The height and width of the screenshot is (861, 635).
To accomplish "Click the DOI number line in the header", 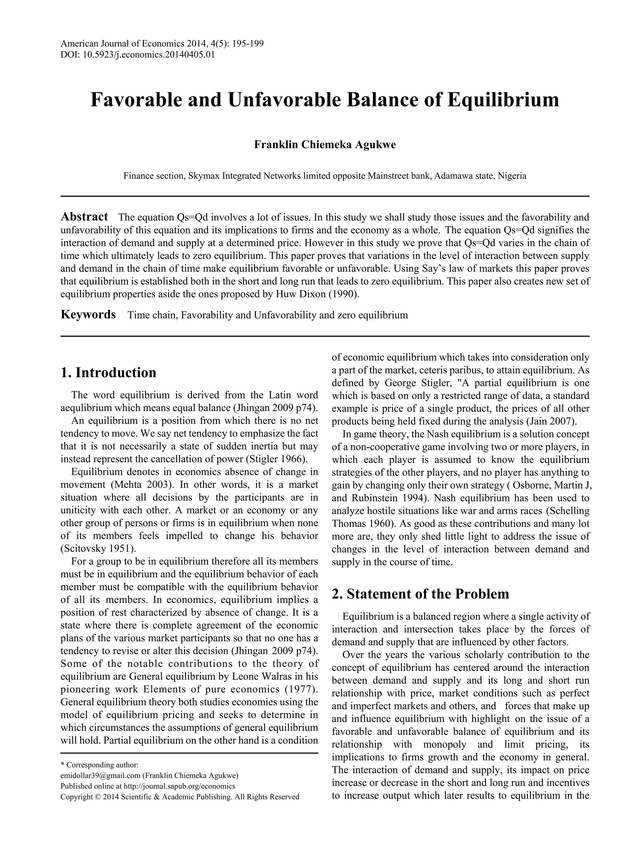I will (x=138, y=55).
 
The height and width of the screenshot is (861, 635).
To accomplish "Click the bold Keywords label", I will (x=88, y=314).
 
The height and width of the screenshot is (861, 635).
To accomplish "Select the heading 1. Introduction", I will (x=109, y=372).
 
